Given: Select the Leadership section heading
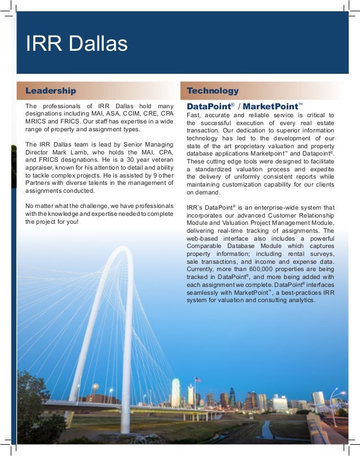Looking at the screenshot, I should [50, 91].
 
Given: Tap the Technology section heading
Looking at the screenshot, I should [213, 91].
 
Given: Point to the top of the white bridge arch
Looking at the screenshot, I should [124, 251].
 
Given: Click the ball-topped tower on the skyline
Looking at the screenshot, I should [95, 388].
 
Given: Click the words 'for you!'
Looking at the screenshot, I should [67, 222].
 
